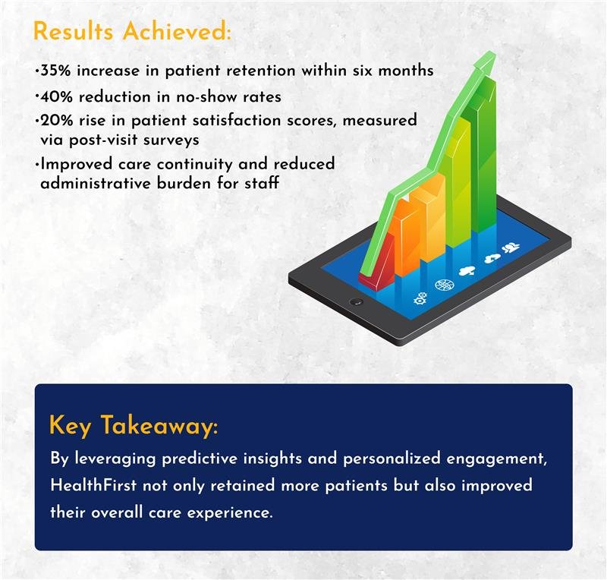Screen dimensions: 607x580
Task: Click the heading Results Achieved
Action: [132, 30]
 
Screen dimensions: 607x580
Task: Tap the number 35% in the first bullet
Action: [55, 71]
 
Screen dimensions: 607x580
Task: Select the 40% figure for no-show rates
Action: [56, 96]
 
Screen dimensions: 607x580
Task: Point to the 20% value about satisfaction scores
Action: [56, 121]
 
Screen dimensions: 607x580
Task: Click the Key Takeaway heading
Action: [134, 425]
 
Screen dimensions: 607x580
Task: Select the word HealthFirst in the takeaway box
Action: [93, 485]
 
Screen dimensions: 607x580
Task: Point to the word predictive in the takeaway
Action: [200, 459]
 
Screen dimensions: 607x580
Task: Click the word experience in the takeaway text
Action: [230, 513]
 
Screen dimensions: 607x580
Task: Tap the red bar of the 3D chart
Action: [376, 260]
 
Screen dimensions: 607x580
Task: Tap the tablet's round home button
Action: [356, 301]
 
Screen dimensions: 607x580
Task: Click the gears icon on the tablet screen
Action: [421, 298]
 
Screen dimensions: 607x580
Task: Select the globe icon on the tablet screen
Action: [442, 285]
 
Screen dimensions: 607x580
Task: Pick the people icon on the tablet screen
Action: [511, 247]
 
